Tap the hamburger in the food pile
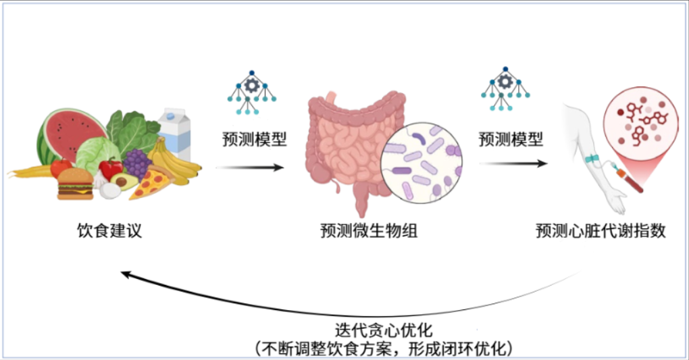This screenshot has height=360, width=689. pos(75,183)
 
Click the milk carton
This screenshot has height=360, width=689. pos(174,132)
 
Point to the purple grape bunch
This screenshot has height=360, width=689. pos(136,163)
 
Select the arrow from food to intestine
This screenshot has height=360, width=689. pos(250,166)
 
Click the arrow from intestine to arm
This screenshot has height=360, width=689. pos(513,163)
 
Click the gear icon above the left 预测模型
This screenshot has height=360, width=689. pos(251,85)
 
